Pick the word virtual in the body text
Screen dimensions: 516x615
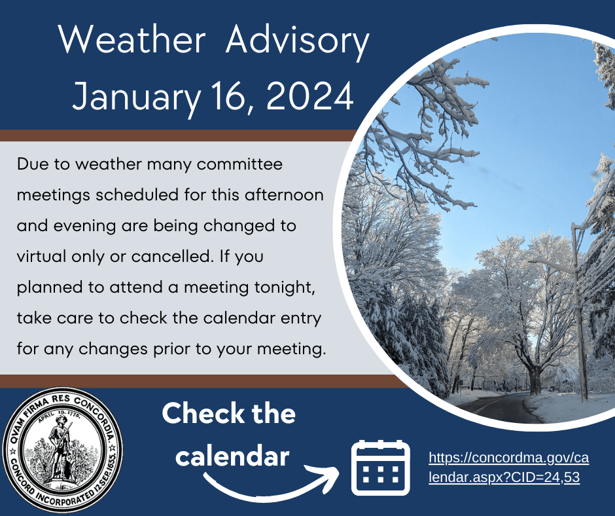[x=42, y=257]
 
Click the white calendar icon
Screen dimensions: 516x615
[x=380, y=468]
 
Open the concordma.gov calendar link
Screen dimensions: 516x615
[x=504, y=468]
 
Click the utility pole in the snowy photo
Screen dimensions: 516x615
[x=580, y=314]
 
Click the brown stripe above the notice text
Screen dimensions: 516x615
[x=177, y=136]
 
